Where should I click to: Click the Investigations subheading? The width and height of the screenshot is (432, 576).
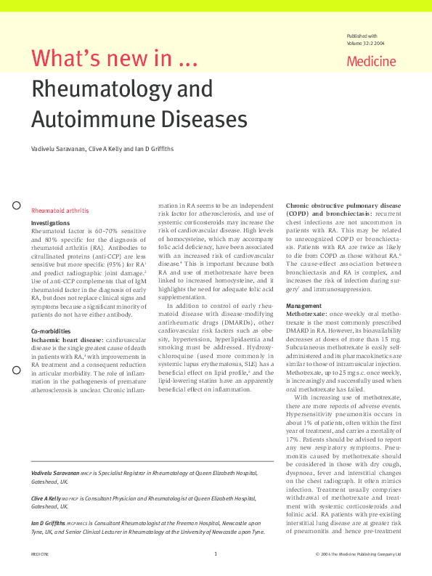pyautogui.click(x=50, y=223)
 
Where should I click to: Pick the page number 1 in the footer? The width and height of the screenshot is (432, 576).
pyautogui.click(x=216, y=554)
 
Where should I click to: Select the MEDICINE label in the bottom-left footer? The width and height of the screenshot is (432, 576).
pyautogui.click(x=39, y=554)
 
